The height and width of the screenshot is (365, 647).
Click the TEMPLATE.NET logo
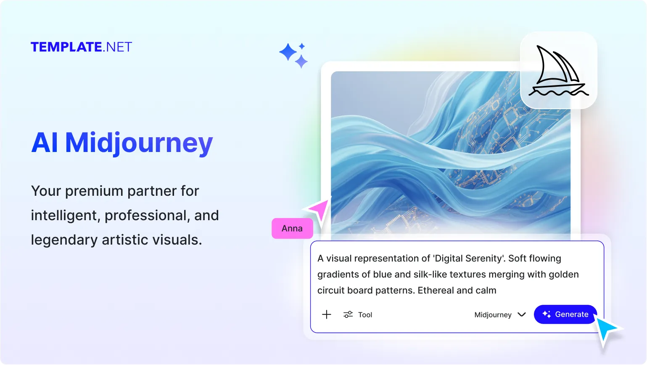tap(81, 47)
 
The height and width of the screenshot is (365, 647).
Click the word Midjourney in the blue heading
tap(139, 143)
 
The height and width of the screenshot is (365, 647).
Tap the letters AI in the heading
tap(45, 143)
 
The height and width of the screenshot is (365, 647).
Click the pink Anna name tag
tap(292, 228)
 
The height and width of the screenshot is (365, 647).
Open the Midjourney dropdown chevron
tap(522, 314)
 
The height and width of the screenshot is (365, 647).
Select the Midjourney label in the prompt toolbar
tap(493, 315)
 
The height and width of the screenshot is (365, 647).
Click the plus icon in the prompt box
tap(327, 314)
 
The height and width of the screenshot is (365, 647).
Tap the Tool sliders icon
tap(348, 314)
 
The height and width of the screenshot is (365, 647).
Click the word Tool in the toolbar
tap(365, 315)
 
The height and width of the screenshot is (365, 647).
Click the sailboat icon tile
tap(558, 70)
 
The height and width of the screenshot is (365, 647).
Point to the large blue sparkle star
tap(288, 52)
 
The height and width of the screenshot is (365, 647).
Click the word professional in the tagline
tap(146, 216)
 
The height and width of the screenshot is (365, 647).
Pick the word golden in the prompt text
tap(564, 274)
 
